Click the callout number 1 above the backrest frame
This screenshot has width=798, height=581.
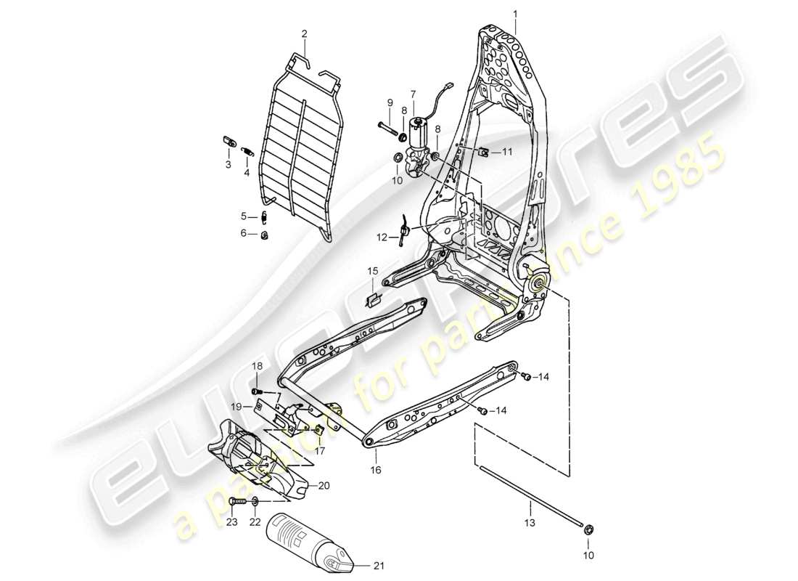click(516, 13)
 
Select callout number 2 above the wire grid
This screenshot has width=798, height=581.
click(305, 34)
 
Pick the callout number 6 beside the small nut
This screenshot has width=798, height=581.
click(244, 233)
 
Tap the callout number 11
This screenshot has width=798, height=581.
click(507, 152)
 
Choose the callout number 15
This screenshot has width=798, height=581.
click(372, 271)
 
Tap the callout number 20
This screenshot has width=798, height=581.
click(323, 486)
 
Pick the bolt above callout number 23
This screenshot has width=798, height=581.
click(236, 501)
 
